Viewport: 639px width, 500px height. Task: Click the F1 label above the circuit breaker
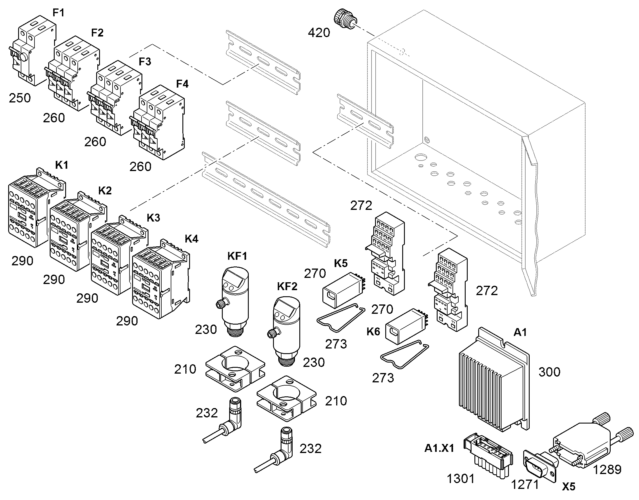58,13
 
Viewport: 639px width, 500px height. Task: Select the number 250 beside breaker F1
20,98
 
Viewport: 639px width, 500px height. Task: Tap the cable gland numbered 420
346,20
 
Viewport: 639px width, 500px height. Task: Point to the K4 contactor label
191,239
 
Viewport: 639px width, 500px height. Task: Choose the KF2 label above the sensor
287,286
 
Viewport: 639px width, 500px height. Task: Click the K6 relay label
373,332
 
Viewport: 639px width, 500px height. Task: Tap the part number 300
549,372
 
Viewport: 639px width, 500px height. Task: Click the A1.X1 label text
439,448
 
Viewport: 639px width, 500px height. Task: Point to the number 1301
460,479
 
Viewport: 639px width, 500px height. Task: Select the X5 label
569,487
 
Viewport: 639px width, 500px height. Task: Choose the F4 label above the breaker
182,84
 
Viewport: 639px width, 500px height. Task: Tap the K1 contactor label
62,165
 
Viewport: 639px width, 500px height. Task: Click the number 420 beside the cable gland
319,33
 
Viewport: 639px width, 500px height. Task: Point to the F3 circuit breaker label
145,62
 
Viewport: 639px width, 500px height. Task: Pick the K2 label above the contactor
105,191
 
